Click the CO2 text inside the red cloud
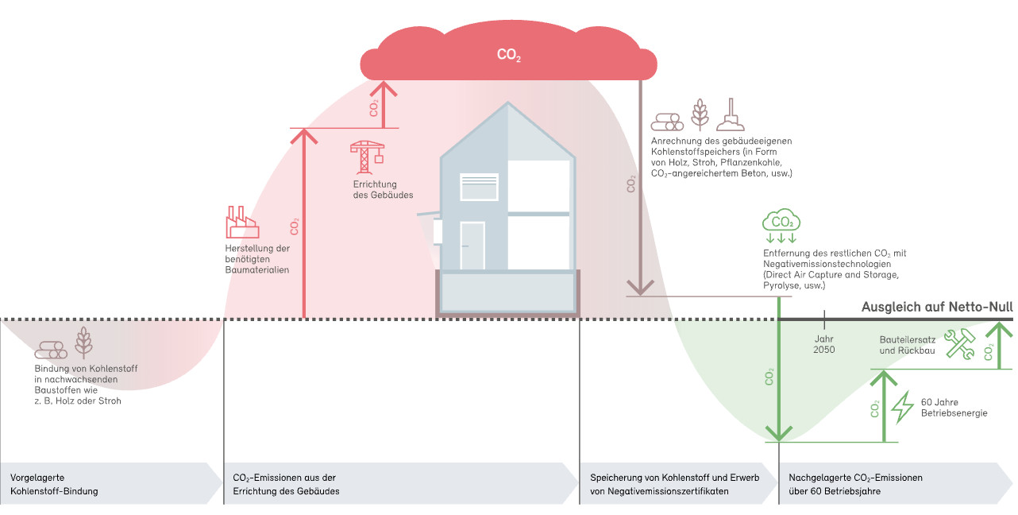[508, 55]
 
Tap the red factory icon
[242, 222]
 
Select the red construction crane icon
[367, 157]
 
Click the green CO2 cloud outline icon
[781, 220]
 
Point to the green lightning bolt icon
[902, 408]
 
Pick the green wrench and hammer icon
[959, 344]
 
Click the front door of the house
[472, 246]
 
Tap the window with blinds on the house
[479, 187]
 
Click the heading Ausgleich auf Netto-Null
[937, 307]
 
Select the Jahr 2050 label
[824, 344]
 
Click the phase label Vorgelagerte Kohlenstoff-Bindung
[54, 485]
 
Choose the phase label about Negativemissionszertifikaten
[675, 485]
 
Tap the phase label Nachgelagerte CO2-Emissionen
[856, 485]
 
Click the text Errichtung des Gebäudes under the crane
[383, 190]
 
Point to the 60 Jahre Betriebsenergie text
[954, 408]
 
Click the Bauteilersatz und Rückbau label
[908, 345]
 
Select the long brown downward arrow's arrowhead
[640, 288]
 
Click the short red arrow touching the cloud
[384, 105]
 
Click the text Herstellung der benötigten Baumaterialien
[257, 259]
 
